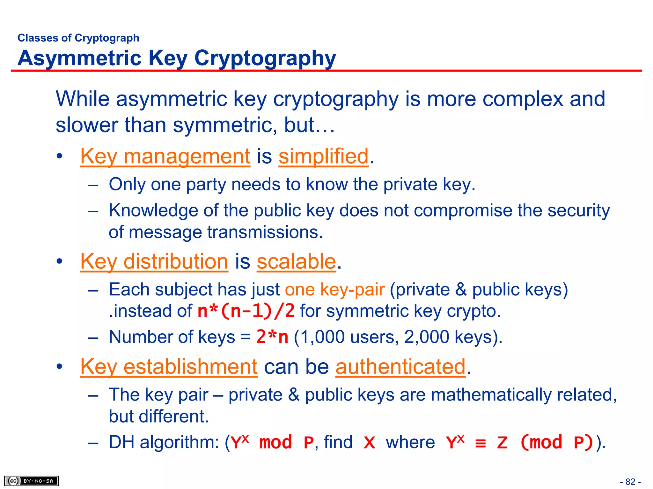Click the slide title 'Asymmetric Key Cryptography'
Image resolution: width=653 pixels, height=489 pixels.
[x=177, y=58]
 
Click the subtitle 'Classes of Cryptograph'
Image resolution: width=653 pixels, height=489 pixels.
[x=78, y=38]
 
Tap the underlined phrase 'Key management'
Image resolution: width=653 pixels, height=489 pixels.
[x=165, y=156]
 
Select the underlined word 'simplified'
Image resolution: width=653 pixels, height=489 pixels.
[x=323, y=156]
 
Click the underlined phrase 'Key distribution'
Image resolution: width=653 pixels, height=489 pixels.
[x=154, y=262]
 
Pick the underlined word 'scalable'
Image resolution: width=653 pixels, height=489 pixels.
[x=296, y=262]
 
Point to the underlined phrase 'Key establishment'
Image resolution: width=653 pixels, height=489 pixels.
[x=169, y=367]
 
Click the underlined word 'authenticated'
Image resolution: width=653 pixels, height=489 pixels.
[x=400, y=367]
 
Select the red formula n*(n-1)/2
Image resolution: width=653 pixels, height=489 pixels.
[x=246, y=311]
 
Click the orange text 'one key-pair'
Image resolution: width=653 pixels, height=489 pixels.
[x=334, y=290]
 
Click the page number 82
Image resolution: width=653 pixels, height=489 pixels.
[x=630, y=482]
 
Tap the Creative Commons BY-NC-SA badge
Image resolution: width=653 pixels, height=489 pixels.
[x=31, y=481]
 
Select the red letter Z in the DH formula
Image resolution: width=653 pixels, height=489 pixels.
[x=502, y=443]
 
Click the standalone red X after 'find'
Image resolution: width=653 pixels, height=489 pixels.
[x=369, y=443]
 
